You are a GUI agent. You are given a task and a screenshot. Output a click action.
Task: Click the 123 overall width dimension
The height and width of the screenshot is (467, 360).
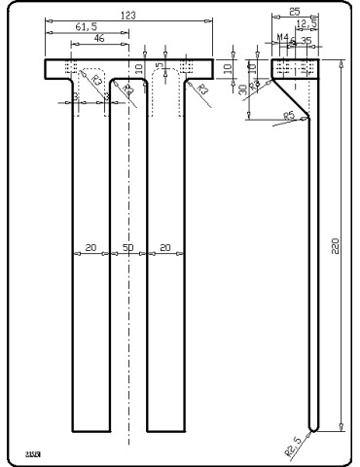pos(127,16)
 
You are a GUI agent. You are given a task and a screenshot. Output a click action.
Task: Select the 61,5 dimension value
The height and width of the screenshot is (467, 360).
pos(87,28)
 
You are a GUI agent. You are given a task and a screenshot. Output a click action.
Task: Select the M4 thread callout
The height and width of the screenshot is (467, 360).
pos(282,38)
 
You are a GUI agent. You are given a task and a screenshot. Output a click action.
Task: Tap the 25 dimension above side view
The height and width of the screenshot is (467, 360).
pos(295,13)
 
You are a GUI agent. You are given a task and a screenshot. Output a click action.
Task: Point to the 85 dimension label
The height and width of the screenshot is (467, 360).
pos(288,116)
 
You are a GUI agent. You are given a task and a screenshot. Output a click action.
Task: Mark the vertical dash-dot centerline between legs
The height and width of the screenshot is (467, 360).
pos(128,292)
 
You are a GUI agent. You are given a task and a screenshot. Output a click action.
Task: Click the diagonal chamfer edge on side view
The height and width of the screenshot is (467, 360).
pos(290,98)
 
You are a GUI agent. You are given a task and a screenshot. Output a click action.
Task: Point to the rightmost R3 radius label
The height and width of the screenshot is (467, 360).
pos(203,90)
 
